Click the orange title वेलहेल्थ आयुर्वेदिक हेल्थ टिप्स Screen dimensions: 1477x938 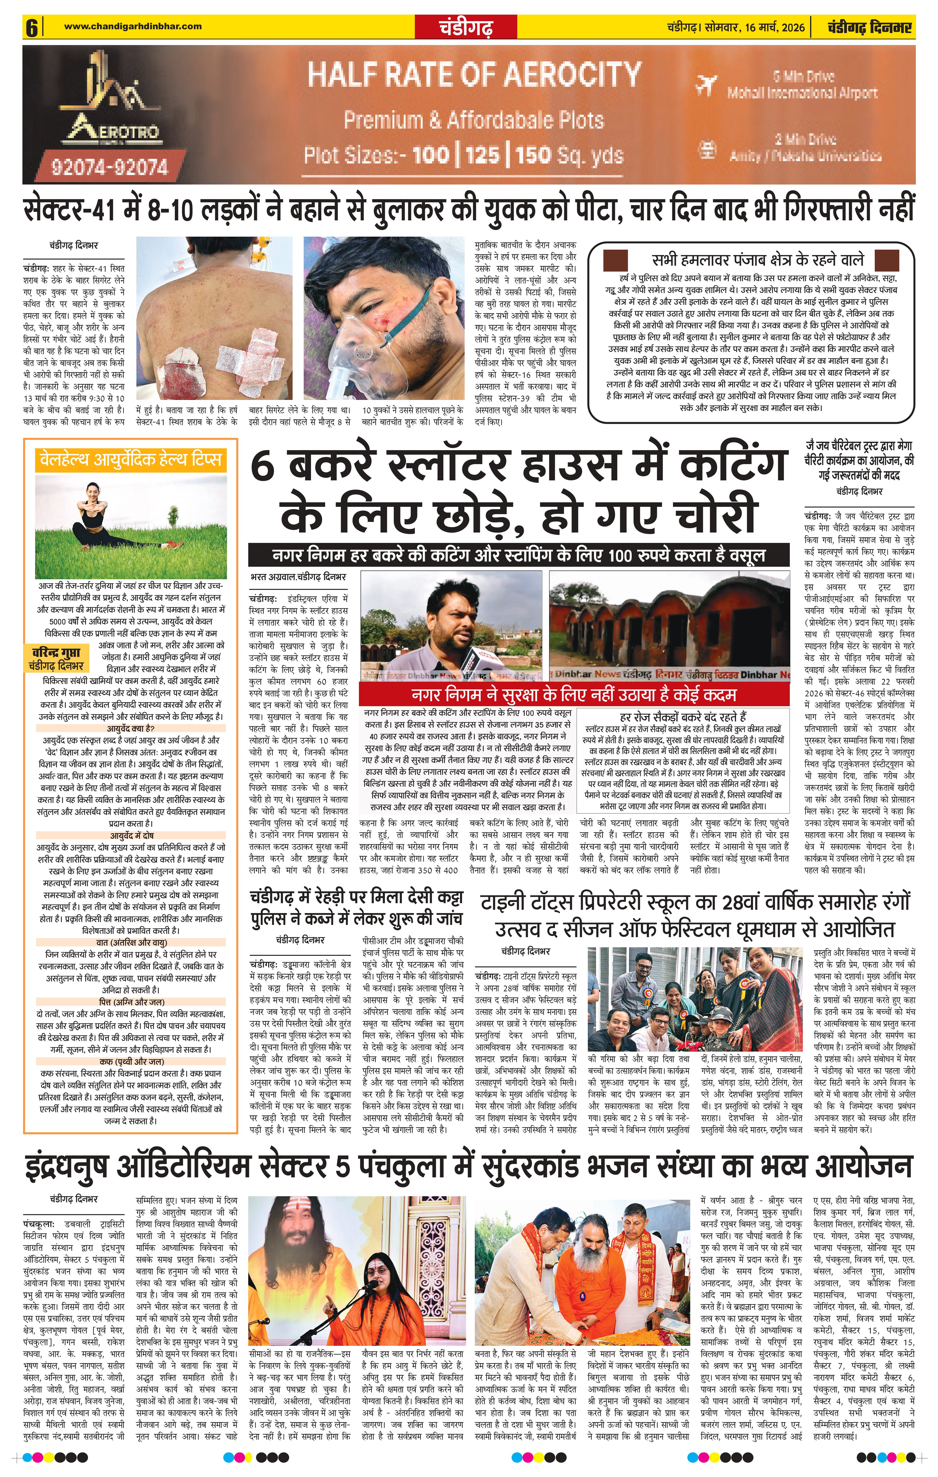(x=129, y=459)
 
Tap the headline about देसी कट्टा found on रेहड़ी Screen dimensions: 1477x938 (x=356, y=909)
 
